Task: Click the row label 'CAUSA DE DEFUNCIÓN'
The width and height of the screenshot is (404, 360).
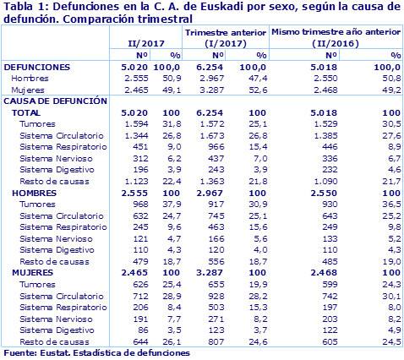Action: point(56,100)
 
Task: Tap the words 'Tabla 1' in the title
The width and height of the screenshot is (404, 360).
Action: point(21,7)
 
